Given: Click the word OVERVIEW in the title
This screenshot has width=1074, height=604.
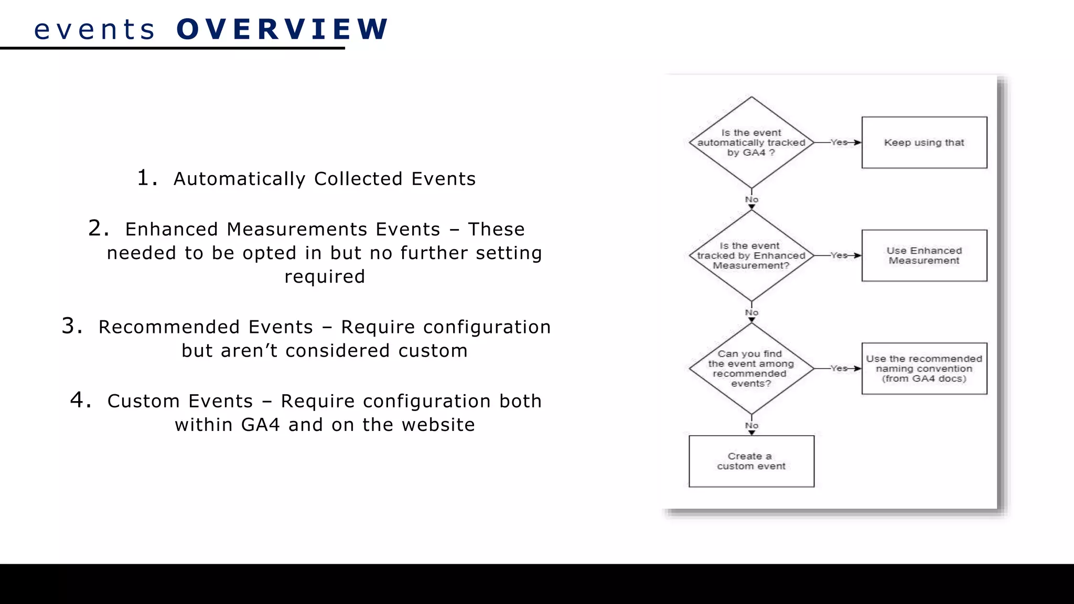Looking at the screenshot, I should coord(282,29).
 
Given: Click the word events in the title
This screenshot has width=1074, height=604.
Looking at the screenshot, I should coord(94,29).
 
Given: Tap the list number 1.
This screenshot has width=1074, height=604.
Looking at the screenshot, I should coord(146,178).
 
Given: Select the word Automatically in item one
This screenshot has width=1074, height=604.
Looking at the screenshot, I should coord(239,179).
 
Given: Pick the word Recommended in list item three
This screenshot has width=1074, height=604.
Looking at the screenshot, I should coord(206,327).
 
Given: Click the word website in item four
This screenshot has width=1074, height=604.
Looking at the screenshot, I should coord(438,424).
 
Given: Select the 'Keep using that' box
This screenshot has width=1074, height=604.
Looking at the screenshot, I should coord(924,143).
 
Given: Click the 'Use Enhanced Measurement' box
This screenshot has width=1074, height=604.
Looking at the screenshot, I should coord(924,255).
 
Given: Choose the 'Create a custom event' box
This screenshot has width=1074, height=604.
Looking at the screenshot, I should coord(751,461).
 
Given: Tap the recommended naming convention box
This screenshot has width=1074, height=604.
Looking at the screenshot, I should coord(924,369).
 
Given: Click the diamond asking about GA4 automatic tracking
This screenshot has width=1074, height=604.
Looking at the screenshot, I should coord(751,143).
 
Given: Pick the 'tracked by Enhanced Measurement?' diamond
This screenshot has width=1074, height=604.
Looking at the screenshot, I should coord(751,255).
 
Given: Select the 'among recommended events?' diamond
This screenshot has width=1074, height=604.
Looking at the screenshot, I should coord(751,369).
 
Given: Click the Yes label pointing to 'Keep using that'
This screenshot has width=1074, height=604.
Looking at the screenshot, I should coord(839,142).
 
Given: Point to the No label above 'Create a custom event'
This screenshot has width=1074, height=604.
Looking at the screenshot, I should coord(751,425).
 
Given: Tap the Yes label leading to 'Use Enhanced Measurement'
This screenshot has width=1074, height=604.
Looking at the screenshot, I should coord(839,255).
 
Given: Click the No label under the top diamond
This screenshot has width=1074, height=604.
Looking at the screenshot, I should coord(751,199).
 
